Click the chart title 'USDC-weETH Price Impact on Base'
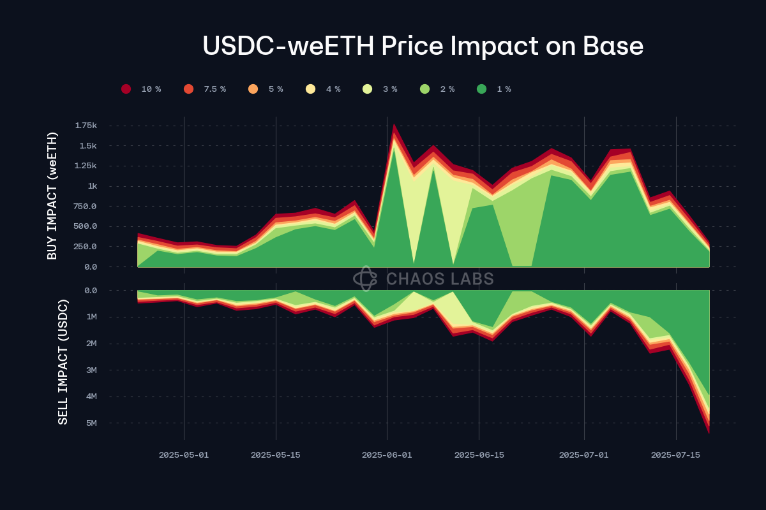tap(423, 47)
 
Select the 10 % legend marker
tap(126, 89)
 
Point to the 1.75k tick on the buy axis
tap(86, 126)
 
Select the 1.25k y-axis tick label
tap(86, 166)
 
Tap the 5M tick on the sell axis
tap(91, 423)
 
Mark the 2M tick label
tap(91, 344)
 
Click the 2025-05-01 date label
tap(184, 455)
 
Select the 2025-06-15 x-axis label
tap(479, 455)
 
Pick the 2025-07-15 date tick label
tap(676, 455)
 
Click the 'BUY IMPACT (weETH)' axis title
tap(52, 196)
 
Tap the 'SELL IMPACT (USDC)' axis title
tap(63, 361)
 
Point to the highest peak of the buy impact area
tap(394, 124)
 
